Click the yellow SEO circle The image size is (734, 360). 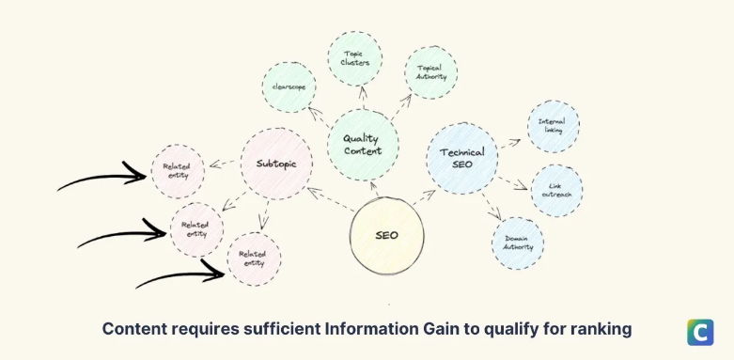coord(386,236)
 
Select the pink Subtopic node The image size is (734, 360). coord(276,164)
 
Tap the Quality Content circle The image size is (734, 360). coord(363,145)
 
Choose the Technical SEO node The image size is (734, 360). coord(462,158)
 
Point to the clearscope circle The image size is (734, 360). coord(289,87)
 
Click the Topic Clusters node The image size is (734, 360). coord(355,58)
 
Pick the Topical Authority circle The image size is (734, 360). coord(431,72)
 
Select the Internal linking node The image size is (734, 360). coord(554,126)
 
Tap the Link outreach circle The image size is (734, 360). coord(556,191)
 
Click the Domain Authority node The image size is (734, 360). coord(518,243)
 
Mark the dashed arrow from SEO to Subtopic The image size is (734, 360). coord(331,199)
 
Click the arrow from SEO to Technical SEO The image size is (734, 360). coord(424,197)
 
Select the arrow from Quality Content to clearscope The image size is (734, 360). coord(320,117)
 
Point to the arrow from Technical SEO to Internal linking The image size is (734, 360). coord(509,143)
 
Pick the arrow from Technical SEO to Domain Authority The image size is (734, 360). coord(491,207)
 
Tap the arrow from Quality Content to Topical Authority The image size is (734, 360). coord(401,106)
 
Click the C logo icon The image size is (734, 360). coord(700,333)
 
